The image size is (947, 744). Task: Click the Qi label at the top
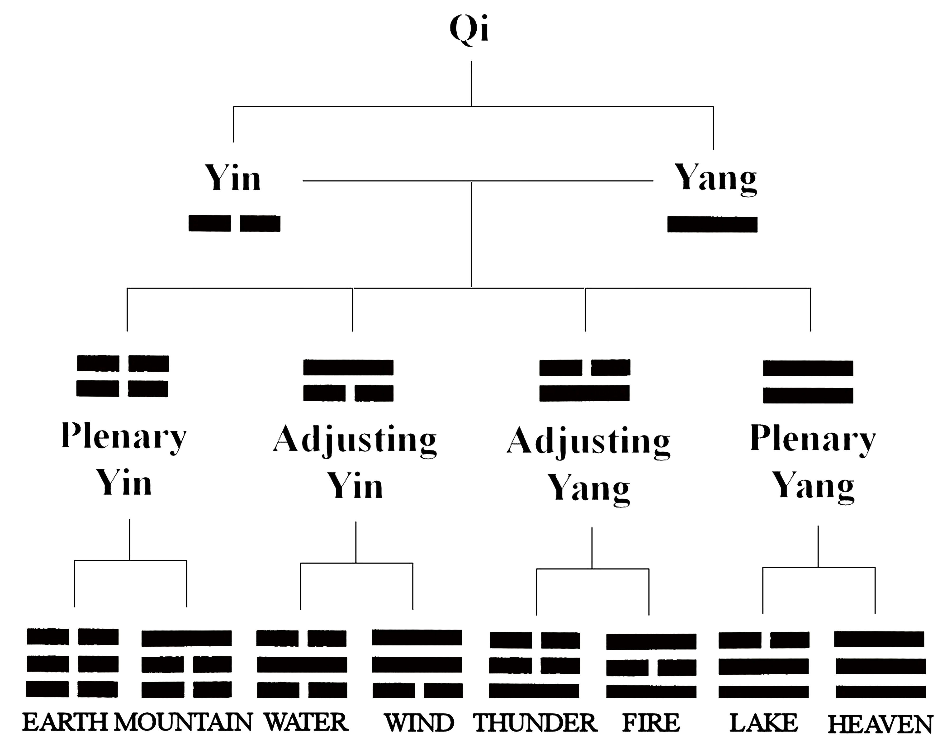pyautogui.click(x=469, y=30)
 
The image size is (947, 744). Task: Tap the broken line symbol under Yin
pyautogui.click(x=234, y=224)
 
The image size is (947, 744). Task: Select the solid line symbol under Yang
pyautogui.click(x=712, y=224)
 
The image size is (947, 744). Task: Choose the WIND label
pyautogui.click(x=419, y=723)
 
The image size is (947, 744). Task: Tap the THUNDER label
pyautogui.click(x=535, y=723)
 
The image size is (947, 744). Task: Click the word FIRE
pyautogui.click(x=651, y=723)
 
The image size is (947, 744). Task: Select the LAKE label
pyautogui.click(x=764, y=723)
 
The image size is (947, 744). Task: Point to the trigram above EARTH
pyautogui.click(x=72, y=663)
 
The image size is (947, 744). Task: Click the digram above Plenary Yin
pyautogui.click(x=123, y=376)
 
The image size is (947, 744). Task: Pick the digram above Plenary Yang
pyautogui.click(x=808, y=382)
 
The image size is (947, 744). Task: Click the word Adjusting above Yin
pyautogui.click(x=355, y=440)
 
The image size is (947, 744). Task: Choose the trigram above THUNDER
pyautogui.click(x=535, y=665)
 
